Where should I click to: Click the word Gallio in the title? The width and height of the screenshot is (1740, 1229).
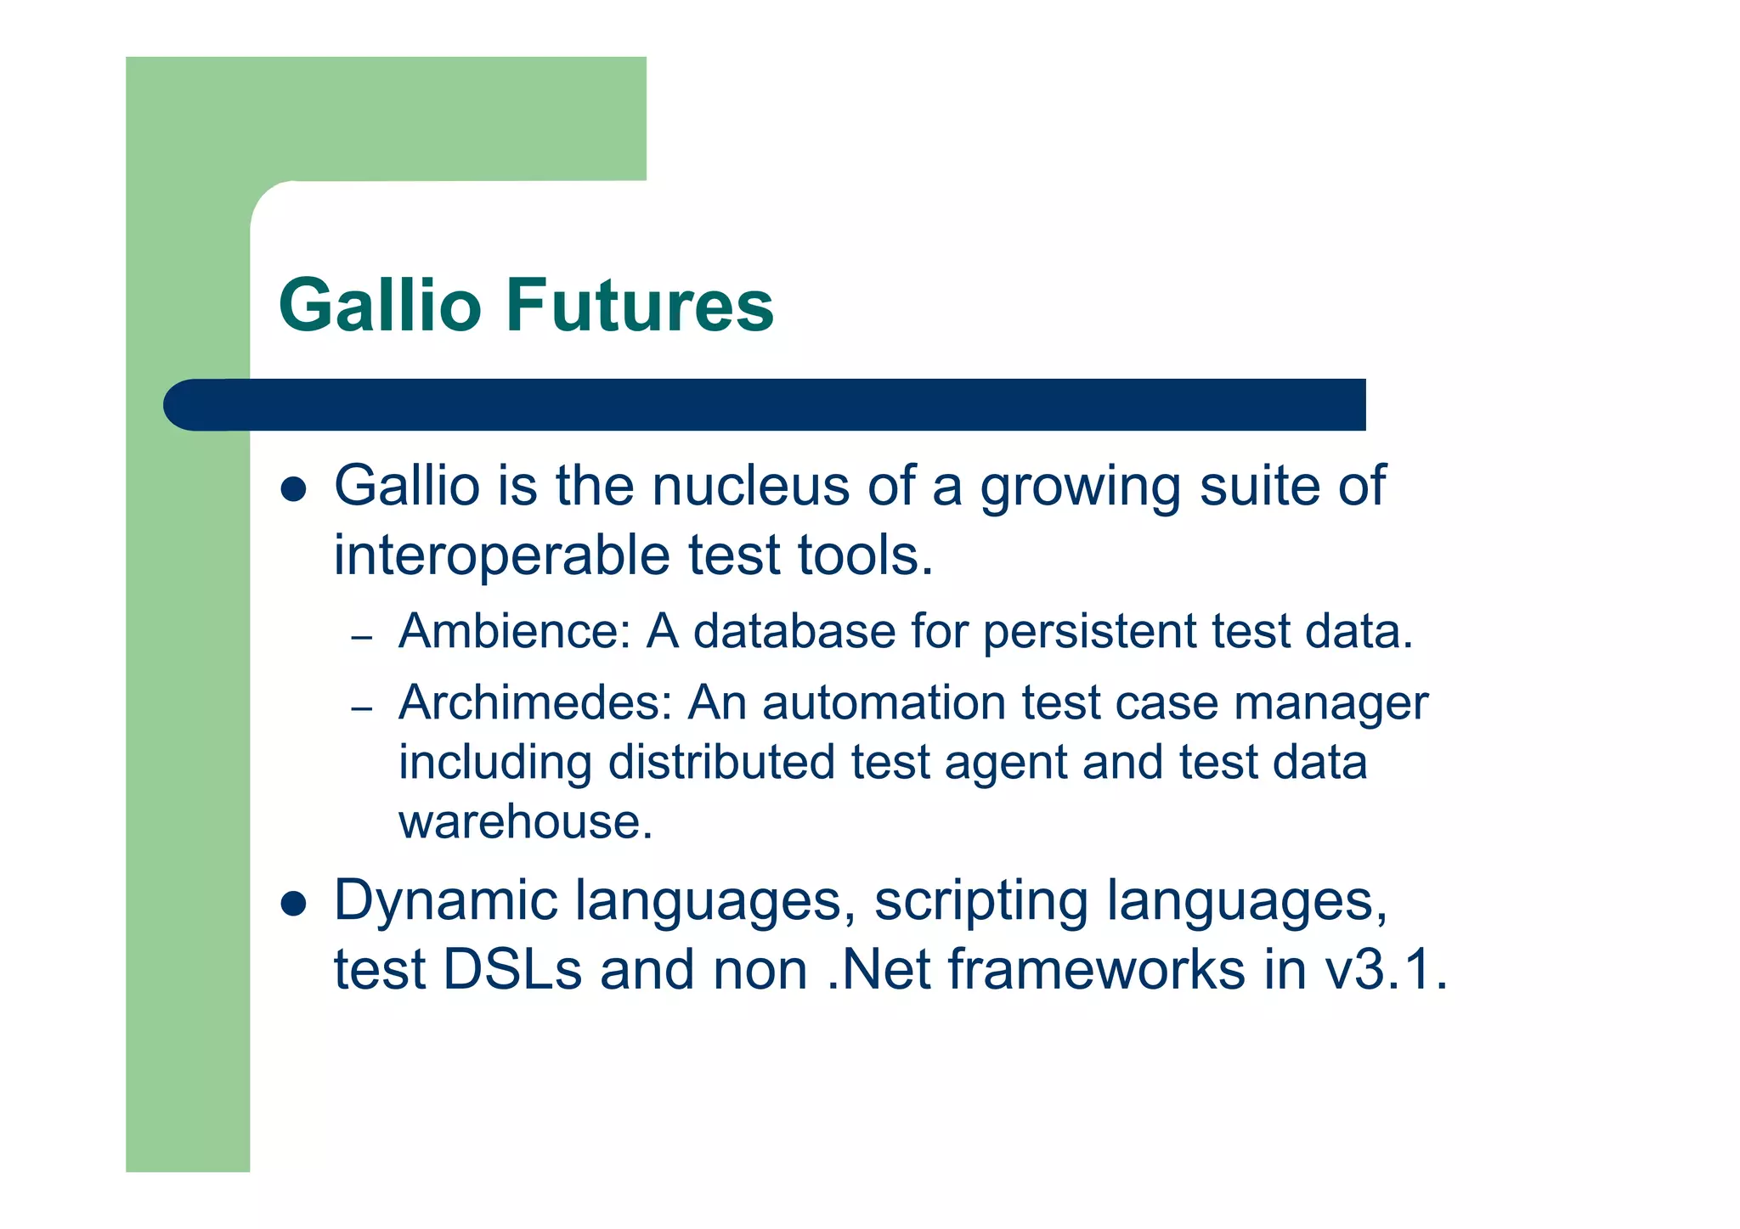[380, 305]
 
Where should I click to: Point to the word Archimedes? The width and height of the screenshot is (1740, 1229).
[535, 703]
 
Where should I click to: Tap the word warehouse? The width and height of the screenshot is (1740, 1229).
[525, 822]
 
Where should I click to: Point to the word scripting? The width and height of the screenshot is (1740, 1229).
[981, 902]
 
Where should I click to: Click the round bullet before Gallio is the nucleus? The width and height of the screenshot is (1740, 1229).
[293, 490]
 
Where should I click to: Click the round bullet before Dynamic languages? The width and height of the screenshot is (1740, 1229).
[293, 905]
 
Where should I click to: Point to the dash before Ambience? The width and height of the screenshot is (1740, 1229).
[362, 637]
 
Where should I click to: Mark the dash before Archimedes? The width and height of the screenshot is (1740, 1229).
[362, 708]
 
